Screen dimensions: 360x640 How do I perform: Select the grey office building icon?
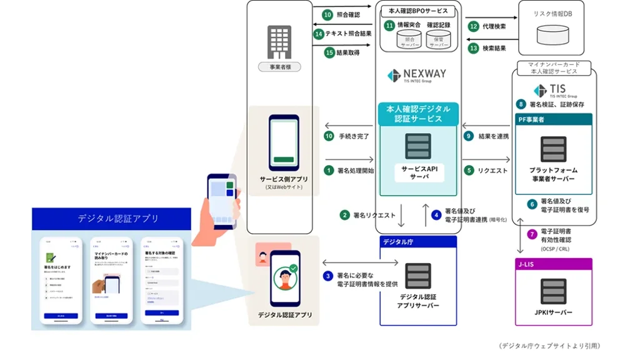coord(279,42)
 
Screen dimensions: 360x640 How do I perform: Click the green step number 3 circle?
coord(329,276)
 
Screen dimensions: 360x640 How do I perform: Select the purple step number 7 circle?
coord(532,235)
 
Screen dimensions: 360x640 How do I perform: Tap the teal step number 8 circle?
coord(521,104)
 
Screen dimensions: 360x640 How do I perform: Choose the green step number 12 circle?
coord(474,26)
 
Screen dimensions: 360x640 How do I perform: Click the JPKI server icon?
coord(554,291)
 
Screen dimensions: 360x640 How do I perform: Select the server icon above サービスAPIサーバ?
coord(418,146)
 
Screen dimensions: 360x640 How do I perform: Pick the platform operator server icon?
coord(553,149)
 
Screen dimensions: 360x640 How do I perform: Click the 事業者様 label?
coord(279,67)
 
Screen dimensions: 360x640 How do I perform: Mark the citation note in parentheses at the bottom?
coord(549,346)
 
